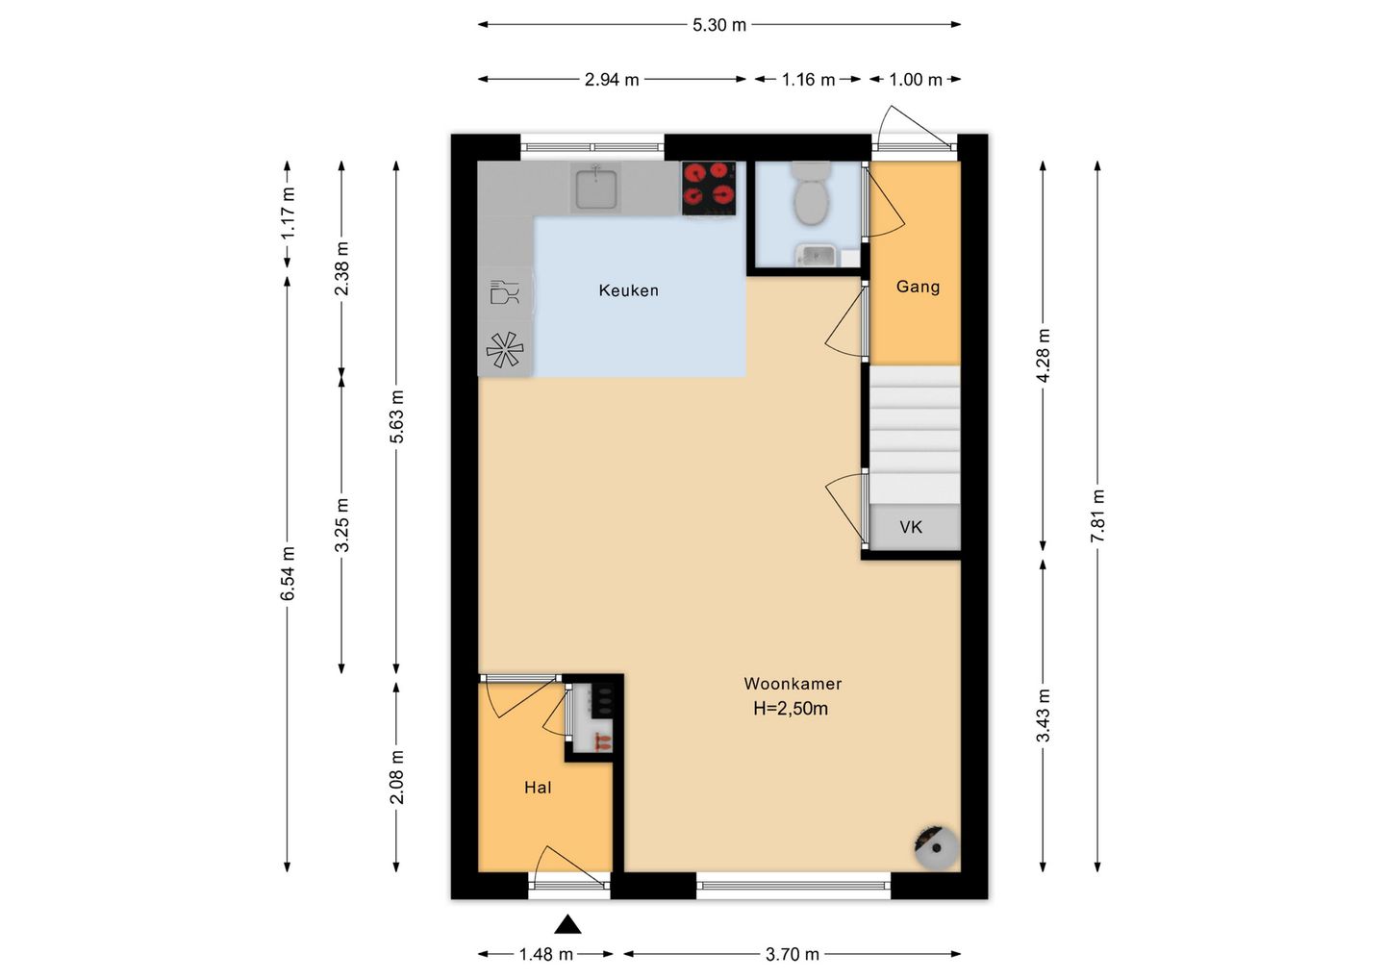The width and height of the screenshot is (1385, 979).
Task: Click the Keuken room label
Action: [628, 290]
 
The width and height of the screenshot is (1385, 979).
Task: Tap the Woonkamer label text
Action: [793, 684]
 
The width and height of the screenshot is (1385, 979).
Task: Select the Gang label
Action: [918, 287]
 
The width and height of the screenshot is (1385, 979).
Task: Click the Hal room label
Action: [538, 788]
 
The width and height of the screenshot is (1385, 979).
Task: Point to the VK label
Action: [911, 527]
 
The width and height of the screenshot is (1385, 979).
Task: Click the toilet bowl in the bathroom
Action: [811, 194]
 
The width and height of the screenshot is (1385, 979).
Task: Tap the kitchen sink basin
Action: [596, 188]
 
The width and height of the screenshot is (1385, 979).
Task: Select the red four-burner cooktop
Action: [709, 188]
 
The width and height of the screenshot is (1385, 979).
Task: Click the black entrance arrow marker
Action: [567, 924]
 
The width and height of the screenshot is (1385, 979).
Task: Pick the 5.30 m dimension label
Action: [719, 25]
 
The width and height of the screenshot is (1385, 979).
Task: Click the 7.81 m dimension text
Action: [1097, 516]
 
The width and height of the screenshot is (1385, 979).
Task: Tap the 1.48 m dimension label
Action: [546, 955]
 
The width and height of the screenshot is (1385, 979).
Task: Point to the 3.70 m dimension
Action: [793, 955]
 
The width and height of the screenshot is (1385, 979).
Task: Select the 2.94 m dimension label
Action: [612, 80]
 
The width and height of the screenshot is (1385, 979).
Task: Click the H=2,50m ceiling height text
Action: [791, 709]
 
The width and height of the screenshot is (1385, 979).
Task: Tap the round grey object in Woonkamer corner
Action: [937, 846]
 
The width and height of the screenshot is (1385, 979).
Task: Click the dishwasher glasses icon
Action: [504, 292]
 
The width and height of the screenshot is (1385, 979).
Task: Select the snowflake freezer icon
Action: [505, 350]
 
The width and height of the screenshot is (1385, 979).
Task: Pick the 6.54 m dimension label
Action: [288, 573]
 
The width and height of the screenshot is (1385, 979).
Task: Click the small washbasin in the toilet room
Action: [817, 255]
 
